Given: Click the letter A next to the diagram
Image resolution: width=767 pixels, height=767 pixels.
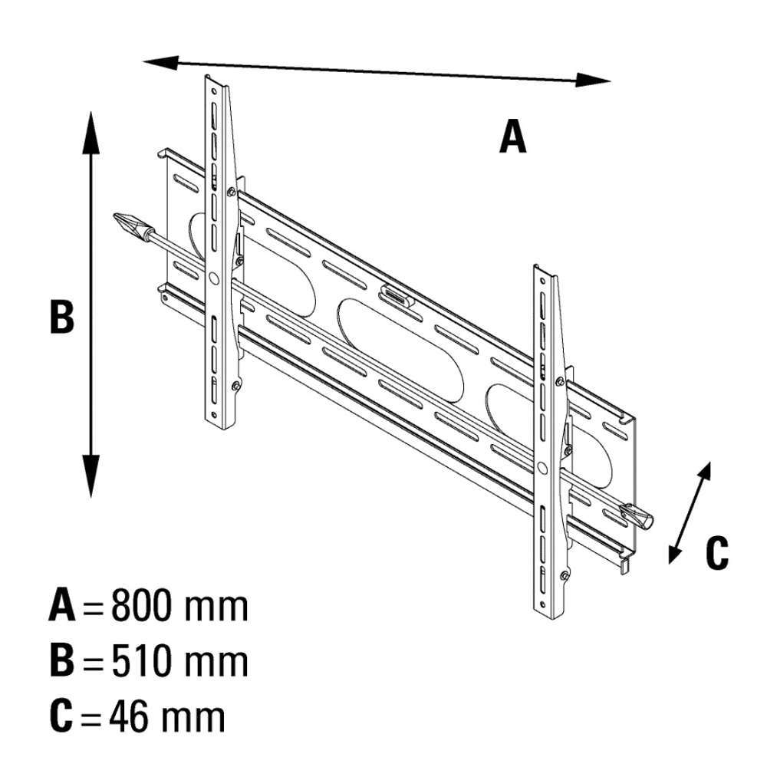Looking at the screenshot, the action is click(x=512, y=136).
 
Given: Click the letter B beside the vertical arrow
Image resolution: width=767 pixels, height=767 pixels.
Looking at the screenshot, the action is click(x=62, y=317).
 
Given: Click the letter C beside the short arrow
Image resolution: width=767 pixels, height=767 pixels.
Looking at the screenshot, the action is click(x=716, y=553).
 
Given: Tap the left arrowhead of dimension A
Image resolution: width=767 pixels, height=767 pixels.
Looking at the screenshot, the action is click(x=160, y=63).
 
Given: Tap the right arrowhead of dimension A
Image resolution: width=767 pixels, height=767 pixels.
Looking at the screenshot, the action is click(x=594, y=81).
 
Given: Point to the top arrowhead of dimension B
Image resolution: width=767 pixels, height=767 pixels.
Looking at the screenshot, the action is click(x=91, y=133).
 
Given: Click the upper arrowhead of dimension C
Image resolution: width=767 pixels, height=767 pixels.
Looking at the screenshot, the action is click(x=705, y=471).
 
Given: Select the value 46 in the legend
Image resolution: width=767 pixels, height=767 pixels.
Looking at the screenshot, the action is click(x=128, y=716).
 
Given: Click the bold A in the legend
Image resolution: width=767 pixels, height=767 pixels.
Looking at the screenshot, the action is click(x=62, y=606).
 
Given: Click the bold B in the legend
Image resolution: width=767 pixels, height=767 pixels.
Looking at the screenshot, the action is click(x=62, y=662).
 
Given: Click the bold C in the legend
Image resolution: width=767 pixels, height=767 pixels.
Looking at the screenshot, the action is click(x=61, y=716).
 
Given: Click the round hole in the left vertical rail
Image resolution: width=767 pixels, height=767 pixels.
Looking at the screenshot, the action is click(x=214, y=278).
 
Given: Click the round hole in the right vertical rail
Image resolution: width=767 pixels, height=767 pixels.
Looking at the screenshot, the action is click(x=542, y=469).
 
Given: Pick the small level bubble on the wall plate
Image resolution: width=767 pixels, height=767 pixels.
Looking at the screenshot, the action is click(x=396, y=296).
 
